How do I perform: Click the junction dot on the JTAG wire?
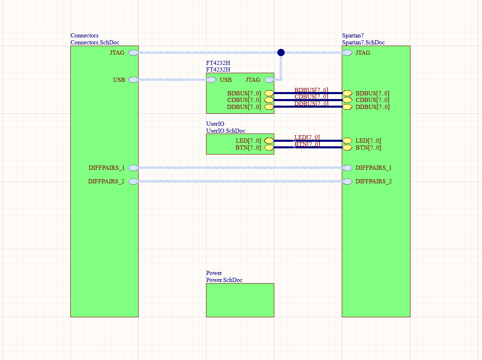click(x=281, y=52)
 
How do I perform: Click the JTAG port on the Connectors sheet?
click(x=133, y=53)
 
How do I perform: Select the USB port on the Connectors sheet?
click(x=133, y=80)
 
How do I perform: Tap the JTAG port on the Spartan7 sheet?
click(x=348, y=53)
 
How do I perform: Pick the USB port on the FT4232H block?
click(x=212, y=80)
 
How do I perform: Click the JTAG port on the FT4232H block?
click(x=269, y=80)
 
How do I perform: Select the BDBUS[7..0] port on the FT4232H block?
click(x=269, y=93)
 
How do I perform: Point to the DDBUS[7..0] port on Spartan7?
click(x=348, y=107)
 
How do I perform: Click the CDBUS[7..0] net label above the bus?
click(x=311, y=97)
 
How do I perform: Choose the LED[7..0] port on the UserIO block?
click(x=269, y=141)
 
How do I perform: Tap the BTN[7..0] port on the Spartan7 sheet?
click(x=348, y=148)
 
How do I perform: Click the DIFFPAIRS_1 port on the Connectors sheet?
click(x=133, y=168)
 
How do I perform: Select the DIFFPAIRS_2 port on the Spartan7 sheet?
click(x=348, y=181)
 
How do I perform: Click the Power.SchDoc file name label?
click(x=224, y=280)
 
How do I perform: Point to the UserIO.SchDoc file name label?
click(x=225, y=131)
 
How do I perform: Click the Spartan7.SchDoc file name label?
click(x=363, y=42)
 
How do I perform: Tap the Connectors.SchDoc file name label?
click(x=95, y=42)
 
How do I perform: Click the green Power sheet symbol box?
click(x=240, y=300)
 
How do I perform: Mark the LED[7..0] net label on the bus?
click(x=307, y=137)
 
